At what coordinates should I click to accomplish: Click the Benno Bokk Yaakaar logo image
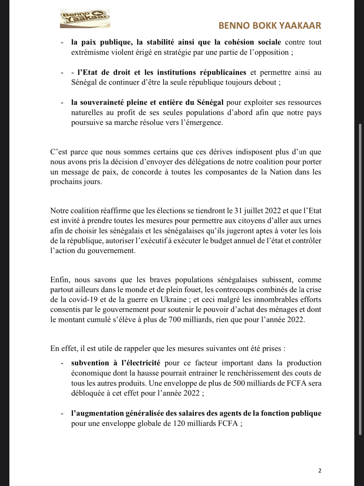[x=85, y=19]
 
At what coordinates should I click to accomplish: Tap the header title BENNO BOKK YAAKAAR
[x=270, y=26]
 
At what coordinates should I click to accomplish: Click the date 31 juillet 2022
[x=258, y=211]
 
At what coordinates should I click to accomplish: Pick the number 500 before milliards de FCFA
[x=239, y=383]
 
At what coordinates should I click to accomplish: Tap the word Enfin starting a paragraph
[x=60, y=280]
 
